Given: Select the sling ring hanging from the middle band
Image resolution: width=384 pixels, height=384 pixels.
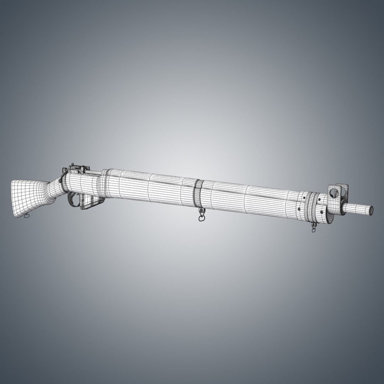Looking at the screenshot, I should [201, 217].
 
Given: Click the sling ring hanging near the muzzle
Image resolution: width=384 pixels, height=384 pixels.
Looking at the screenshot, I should [314, 229].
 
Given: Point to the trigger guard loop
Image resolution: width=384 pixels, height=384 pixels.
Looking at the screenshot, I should [74, 199].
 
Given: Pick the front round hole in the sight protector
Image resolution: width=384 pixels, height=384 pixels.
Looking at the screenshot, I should [343, 192].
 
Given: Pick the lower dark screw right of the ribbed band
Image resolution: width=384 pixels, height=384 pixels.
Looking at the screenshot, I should [322, 213].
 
